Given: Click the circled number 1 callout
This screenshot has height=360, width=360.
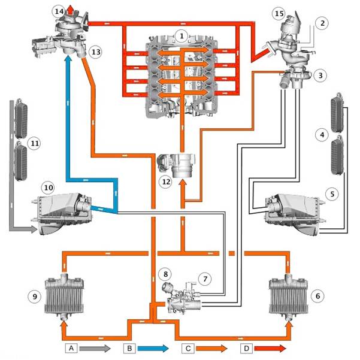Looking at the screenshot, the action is (181, 36).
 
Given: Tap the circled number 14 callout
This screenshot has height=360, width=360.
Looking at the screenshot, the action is (59, 11).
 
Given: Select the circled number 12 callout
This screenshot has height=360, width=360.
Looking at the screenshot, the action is (166, 182).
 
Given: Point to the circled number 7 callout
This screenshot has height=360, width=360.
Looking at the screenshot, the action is (205, 279).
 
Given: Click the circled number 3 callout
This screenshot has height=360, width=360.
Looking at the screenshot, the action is (320, 75).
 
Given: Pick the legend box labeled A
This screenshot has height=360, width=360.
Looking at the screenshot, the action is (71, 348).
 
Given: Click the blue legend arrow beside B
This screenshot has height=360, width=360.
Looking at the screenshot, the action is (153, 348).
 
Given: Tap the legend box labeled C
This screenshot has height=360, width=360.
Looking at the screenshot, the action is (188, 348).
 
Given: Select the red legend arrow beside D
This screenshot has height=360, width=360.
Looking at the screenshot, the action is (270, 348).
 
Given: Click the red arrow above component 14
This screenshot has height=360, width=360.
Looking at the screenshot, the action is (71, 11).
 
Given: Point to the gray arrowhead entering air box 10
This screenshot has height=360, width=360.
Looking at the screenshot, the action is (34, 229).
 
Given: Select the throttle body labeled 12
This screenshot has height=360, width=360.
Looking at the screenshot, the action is (176, 165).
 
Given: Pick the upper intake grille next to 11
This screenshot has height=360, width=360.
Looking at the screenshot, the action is (20, 119).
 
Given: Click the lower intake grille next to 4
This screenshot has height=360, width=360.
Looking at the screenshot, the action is (337, 155).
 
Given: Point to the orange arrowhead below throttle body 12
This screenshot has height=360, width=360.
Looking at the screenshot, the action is (183, 184).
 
